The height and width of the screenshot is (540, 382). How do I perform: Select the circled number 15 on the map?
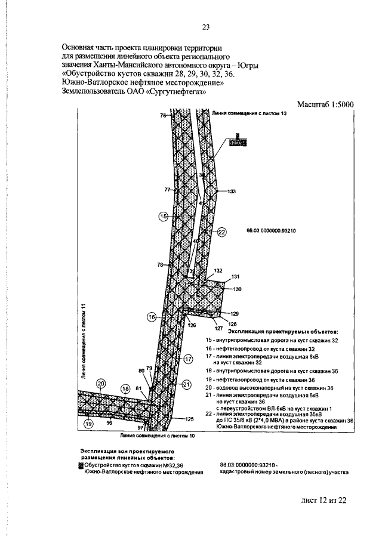click(163, 217)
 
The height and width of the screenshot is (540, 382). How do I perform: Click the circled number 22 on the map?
click(222, 232)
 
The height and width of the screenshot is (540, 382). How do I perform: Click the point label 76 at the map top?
click(163, 116)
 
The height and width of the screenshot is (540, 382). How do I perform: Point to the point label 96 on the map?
click(109, 422)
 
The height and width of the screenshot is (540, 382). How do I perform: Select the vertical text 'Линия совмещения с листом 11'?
click(84, 341)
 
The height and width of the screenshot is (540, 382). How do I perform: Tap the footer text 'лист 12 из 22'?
click(323, 500)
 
